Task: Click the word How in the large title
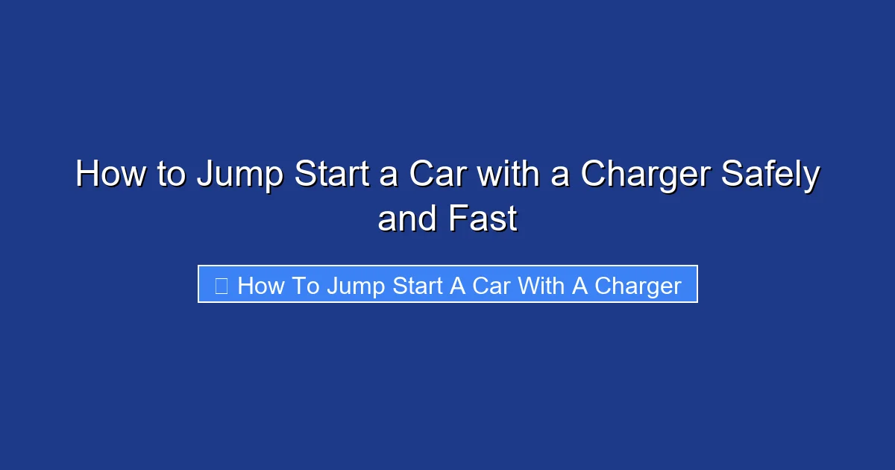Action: tap(110, 175)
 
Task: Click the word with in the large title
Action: tap(507, 175)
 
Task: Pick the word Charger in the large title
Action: tap(645, 175)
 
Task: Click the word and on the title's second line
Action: tap(407, 219)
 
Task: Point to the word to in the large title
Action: tap(172, 175)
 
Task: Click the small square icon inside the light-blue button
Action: tap(221, 285)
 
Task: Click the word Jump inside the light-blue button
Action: tap(354, 285)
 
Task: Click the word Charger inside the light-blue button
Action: tap(638, 285)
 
